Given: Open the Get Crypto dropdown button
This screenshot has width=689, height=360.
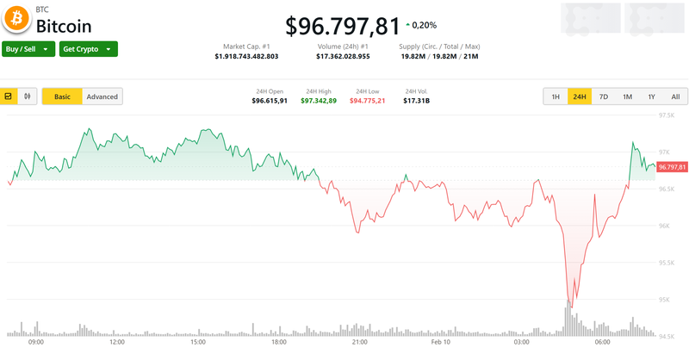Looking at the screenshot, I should click(x=89, y=49).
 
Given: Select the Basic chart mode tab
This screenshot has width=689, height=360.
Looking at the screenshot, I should click(x=62, y=96).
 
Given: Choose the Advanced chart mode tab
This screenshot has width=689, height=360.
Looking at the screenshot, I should click(x=102, y=96).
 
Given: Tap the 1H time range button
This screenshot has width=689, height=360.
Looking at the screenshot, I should click(x=556, y=96).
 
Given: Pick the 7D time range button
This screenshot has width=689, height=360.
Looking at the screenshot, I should click(x=604, y=96).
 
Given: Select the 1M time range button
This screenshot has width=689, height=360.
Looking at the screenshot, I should click(x=627, y=96).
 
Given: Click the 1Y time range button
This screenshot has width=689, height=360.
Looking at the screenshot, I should click(x=651, y=96).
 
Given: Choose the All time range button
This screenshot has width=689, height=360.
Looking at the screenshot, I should click(x=675, y=96).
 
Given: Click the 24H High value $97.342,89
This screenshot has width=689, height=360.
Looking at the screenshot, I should click(x=319, y=101).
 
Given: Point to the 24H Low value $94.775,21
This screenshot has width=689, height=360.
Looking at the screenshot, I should click(x=367, y=101).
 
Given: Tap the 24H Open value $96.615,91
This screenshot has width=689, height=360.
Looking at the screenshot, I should click(x=270, y=101).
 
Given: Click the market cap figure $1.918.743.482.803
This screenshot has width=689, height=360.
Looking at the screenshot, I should click(x=246, y=56).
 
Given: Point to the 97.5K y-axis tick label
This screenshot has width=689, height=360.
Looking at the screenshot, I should click(x=667, y=115).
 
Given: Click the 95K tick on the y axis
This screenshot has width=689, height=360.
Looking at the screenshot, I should click(x=665, y=300).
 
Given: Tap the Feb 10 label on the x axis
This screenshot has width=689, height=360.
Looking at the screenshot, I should click(x=441, y=342).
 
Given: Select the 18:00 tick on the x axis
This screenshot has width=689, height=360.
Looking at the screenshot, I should click(x=278, y=342).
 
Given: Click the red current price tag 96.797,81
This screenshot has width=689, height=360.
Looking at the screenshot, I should click(x=671, y=166).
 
